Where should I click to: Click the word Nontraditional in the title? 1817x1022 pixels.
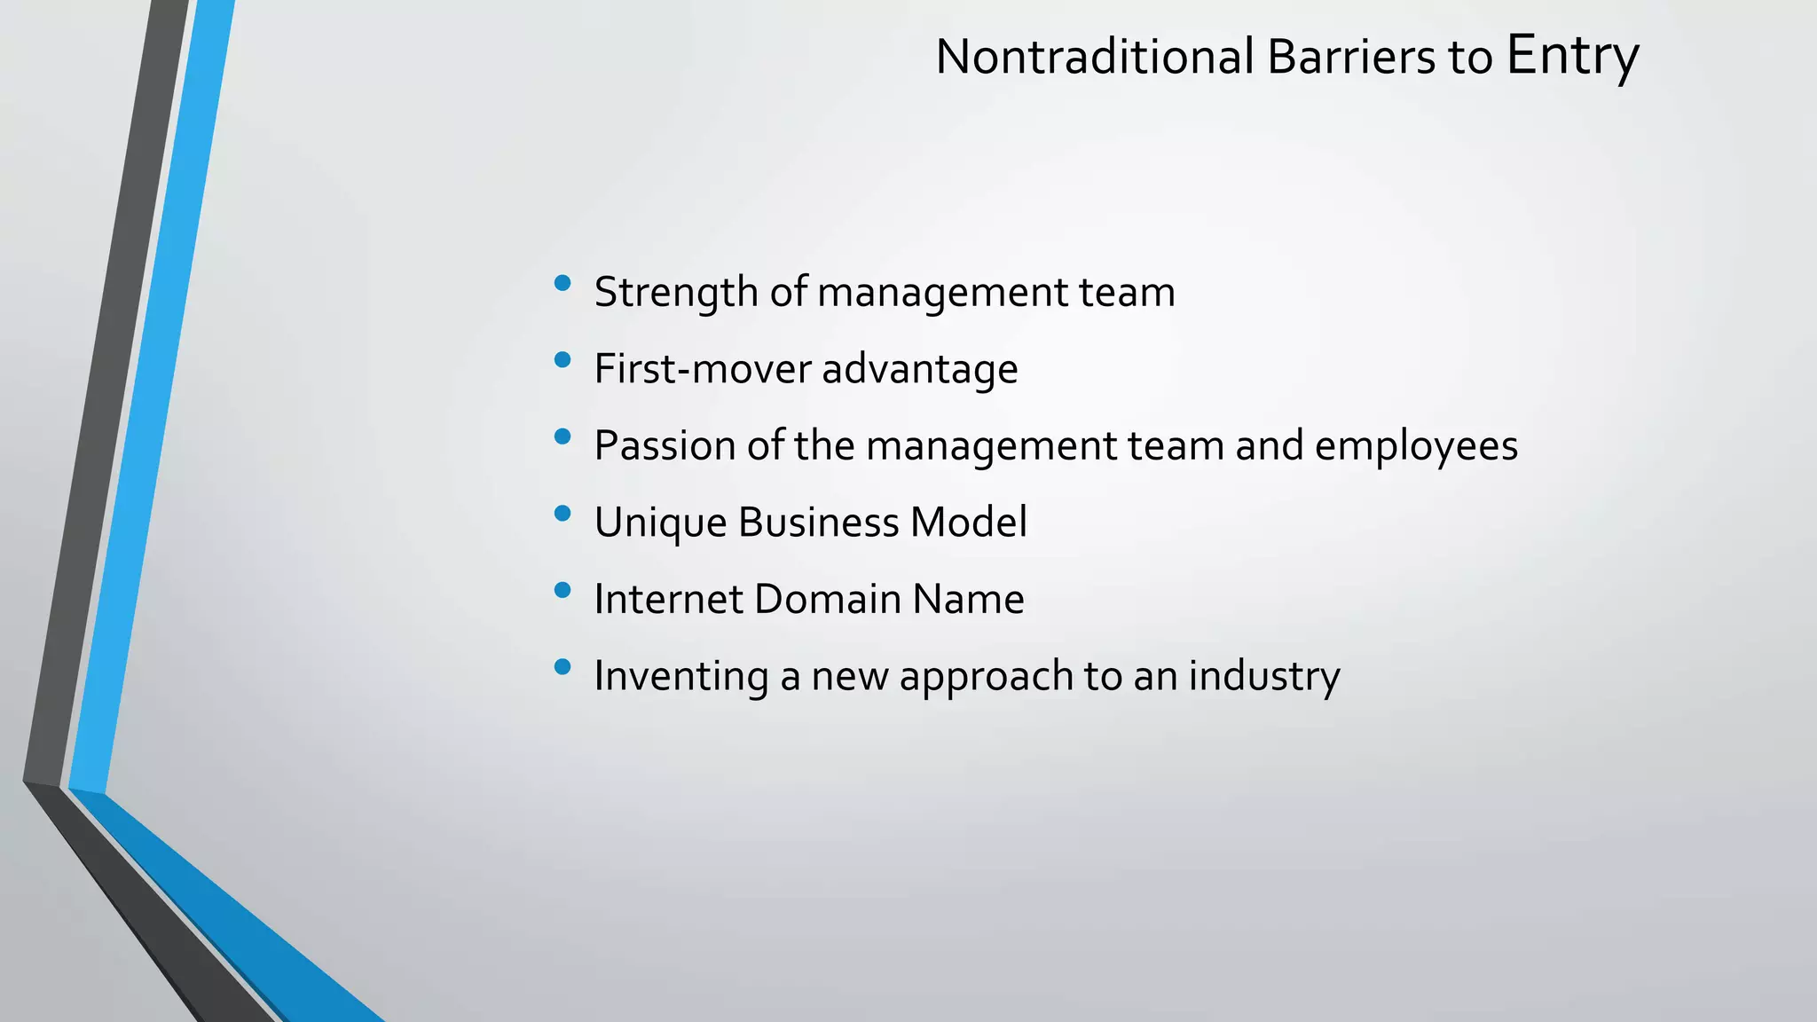pos(1095,57)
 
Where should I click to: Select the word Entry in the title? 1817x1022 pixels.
pos(1572,55)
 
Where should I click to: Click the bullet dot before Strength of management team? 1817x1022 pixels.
pos(562,283)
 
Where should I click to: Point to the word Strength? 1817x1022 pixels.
pos(675,292)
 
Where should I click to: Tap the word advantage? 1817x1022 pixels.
pos(919,370)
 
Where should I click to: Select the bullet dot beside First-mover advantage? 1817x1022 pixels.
pos(562,359)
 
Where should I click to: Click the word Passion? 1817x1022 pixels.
pos(664,445)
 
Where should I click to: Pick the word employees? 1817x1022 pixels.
pos(1416,446)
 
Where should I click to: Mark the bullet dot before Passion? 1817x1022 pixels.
pos(562,436)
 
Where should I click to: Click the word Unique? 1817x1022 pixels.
pos(660,523)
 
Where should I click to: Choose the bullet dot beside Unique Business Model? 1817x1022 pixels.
pos(562,513)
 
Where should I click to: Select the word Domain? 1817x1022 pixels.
pos(827,599)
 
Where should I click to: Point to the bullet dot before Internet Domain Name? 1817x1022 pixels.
pos(562,590)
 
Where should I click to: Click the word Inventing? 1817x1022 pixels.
pos(680,676)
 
